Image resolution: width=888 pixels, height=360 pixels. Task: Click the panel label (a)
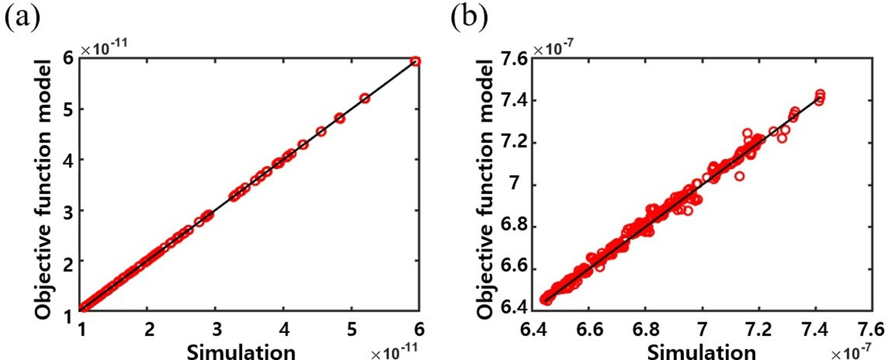22,17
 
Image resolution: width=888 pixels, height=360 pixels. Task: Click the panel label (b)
469,17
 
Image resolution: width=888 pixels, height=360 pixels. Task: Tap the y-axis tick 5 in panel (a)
68,109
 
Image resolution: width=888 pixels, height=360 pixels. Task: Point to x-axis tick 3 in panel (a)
216,329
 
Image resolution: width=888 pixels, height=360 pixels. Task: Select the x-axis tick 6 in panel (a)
419,329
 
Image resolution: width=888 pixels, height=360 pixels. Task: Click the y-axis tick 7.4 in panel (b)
514,100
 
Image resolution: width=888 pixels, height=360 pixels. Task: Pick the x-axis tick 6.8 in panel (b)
646,329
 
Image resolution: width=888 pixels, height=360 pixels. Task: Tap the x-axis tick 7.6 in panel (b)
871,329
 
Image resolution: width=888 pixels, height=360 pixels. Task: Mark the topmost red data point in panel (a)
415,61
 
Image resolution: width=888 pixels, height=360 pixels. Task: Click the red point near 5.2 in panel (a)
365,98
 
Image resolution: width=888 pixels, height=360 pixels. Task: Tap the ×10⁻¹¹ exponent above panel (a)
104,48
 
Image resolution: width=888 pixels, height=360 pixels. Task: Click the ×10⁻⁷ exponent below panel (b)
851,353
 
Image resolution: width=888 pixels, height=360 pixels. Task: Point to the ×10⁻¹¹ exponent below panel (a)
394,353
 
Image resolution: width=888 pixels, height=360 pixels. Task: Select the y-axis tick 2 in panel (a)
68,262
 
